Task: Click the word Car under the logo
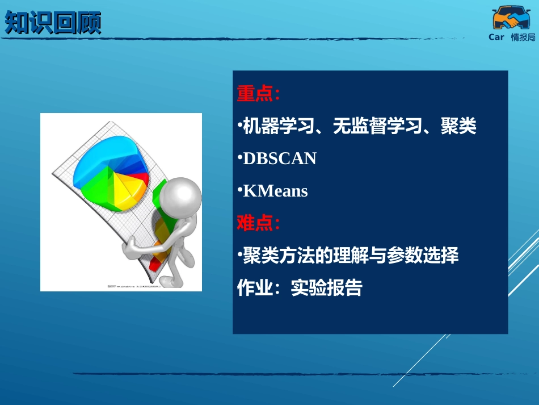pos(496,37)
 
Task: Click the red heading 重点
pos(255,94)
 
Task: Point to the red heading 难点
pos(255,223)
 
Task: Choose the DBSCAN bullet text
pos(279,158)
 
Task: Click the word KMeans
pos(275,191)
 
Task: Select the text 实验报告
pos(326,288)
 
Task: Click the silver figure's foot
pos(168,282)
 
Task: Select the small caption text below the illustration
pos(134,286)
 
